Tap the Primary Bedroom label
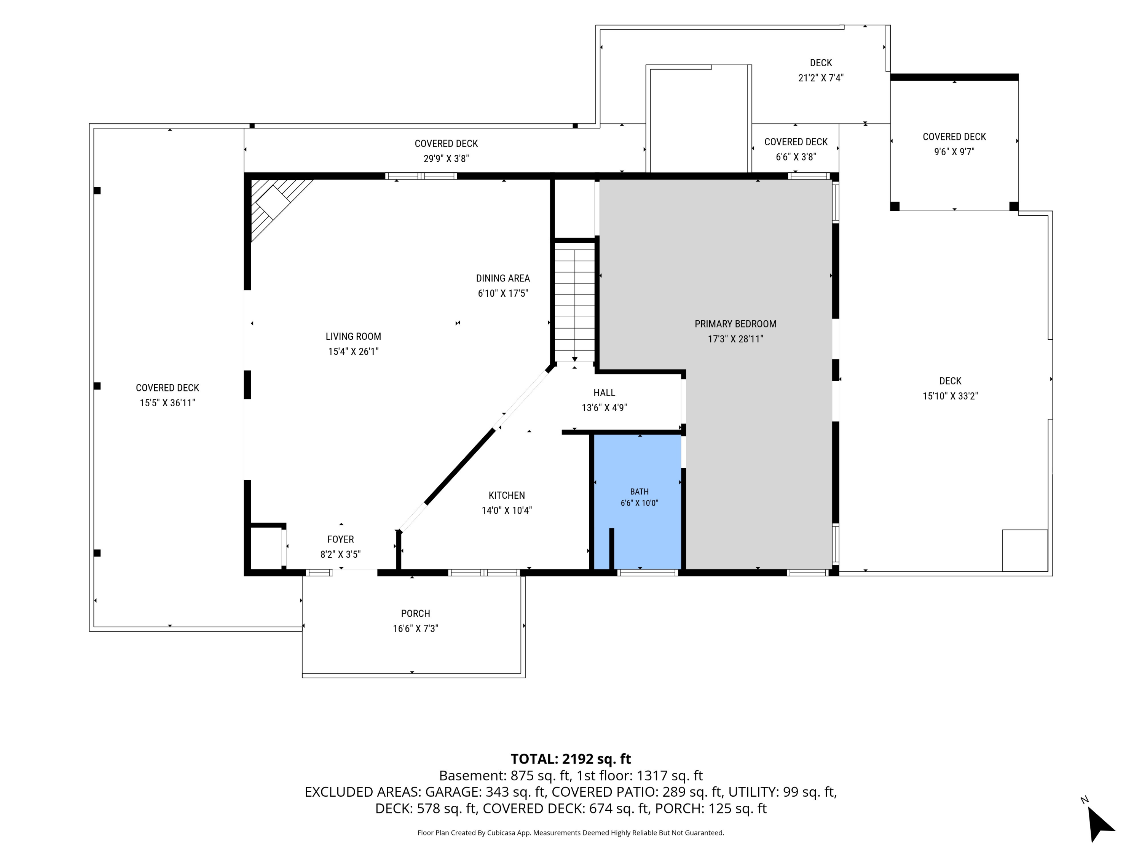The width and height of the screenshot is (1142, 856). pos(735,324)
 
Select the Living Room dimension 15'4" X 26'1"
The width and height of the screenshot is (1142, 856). pos(353,352)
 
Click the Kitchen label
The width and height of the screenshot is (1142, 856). pos(506,495)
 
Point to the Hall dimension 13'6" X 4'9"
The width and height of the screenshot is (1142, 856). pos(604,407)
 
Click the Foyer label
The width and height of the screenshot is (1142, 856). pos(340,539)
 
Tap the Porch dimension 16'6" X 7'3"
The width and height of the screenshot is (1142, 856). pos(415,628)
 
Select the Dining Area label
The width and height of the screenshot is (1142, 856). pos(503,278)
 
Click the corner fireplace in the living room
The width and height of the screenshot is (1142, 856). pos(276,204)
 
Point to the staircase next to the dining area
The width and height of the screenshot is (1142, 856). pos(574,302)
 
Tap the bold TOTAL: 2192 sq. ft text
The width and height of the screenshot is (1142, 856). pos(571,759)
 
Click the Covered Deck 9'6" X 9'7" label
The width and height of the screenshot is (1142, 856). pos(954,144)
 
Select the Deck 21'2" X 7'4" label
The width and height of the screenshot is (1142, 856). pos(821,70)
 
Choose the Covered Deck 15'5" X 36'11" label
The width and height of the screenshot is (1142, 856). pos(167,395)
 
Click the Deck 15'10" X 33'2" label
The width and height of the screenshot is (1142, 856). pos(950,388)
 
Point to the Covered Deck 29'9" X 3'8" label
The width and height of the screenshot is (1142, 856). pos(446,151)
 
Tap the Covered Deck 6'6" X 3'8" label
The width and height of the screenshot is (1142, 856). pos(796,149)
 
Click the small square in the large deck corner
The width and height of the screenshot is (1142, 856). pos(1025,551)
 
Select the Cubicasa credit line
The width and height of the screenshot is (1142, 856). pos(571,833)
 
